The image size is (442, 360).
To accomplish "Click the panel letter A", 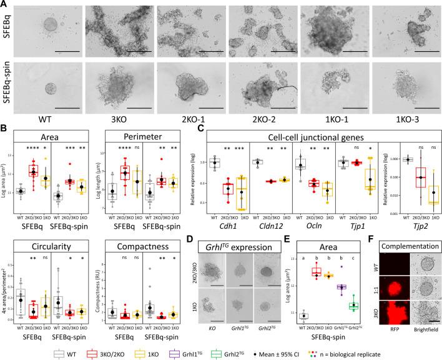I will [x=4, y=4].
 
